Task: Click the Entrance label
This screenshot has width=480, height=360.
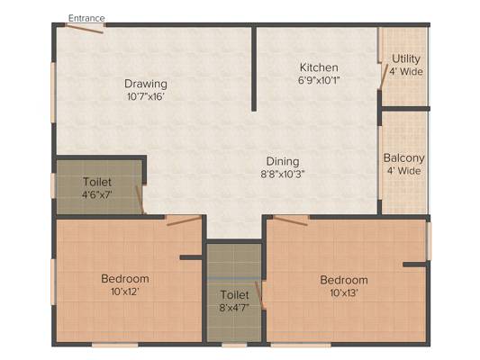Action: tap(86, 18)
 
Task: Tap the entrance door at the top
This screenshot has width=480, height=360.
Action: tap(85, 29)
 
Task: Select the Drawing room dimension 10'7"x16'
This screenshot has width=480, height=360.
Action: tap(146, 96)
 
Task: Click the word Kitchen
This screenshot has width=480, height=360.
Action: tap(319, 67)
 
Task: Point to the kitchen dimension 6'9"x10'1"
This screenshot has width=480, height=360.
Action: tap(319, 80)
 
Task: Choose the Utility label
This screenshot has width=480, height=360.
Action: tap(406, 58)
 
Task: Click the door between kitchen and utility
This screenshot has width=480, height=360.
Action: tap(383, 76)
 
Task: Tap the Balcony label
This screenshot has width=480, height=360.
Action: tap(403, 158)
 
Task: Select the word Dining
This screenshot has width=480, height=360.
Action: tap(283, 161)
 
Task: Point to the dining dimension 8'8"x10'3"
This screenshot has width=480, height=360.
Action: tap(282, 175)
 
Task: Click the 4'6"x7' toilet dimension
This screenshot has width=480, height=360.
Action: tap(97, 194)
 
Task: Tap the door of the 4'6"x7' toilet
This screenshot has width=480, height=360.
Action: tap(140, 200)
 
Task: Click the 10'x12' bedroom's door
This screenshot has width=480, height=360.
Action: tap(184, 220)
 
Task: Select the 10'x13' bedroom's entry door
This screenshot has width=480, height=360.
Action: tap(291, 220)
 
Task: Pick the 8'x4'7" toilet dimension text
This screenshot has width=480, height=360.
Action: tap(234, 308)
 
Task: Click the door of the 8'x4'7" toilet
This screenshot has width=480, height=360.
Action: tap(259, 295)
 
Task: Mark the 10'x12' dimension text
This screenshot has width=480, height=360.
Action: tap(125, 292)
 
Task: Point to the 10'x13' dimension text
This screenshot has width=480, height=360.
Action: tap(344, 293)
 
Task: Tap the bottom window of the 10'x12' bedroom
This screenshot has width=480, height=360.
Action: tap(114, 345)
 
